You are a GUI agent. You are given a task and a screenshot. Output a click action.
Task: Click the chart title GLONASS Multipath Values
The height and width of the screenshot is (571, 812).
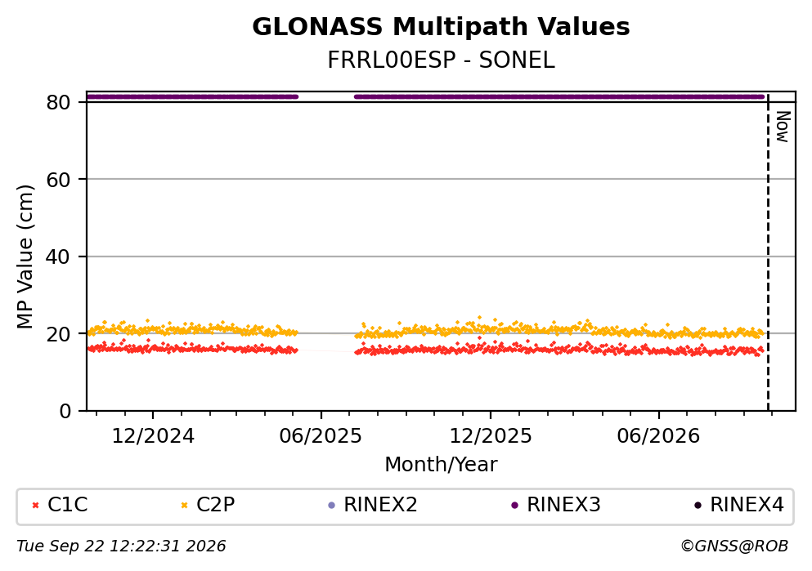pyautogui.click(x=441, y=27)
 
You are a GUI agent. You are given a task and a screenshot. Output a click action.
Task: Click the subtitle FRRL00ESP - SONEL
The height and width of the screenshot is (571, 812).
pyautogui.click(x=441, y=60)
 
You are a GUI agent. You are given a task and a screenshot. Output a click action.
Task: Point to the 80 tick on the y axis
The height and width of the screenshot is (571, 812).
pyautogui.click(x=58, y=102)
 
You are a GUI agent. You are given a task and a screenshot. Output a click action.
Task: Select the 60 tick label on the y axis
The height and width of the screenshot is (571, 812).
pyautogui.click(x=58, y=180)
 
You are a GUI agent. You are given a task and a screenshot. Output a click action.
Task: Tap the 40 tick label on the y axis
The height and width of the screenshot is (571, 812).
pyautogui.click(x=58, y=257)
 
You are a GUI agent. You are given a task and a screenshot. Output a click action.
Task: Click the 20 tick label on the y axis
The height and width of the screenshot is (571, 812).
pyautogui.click(x=58, y=334)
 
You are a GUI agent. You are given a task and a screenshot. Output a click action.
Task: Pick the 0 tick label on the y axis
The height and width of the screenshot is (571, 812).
pyautogui.click(x=65, y=411)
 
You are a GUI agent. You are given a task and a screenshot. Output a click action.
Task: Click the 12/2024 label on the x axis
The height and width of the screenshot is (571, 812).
pyautogui.click(x=153, y=436)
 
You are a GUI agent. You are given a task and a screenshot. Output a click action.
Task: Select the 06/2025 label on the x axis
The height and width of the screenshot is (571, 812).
pyautogui.click(x=321, y=436)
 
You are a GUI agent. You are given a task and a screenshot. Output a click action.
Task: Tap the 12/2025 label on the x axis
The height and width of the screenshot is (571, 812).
pyautogui.click(x=491, y=436)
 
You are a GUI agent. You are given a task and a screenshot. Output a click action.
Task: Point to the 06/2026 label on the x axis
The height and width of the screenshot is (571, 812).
pyautogui.click(x=658, y=436)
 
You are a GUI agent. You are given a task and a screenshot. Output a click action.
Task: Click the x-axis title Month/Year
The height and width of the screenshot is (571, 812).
pyautogui.click(x=441, y=465)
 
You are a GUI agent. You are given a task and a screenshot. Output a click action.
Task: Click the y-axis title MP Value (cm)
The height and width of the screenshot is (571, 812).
pyautogui.click(x=25, y=257)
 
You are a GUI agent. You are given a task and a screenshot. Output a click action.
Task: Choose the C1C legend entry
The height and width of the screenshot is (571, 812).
pyautogui.click(x=60, y=505)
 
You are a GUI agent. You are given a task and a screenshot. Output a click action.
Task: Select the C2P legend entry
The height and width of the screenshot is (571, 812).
pyautogui.click(x=208, y=505)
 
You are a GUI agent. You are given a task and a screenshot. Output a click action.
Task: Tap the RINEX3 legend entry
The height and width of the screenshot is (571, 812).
pyautogui.click(x=556, y=505)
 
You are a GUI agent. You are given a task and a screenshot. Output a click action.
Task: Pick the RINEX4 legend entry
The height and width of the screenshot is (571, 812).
pyautogui.click(x=739, y=505)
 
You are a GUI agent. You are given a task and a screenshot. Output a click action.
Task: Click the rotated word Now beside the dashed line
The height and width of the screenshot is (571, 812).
pyautogui.click(x=783, y=127)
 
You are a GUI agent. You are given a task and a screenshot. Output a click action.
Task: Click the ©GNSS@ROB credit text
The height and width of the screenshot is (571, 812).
pyautogui.click(x=734, y=546)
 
